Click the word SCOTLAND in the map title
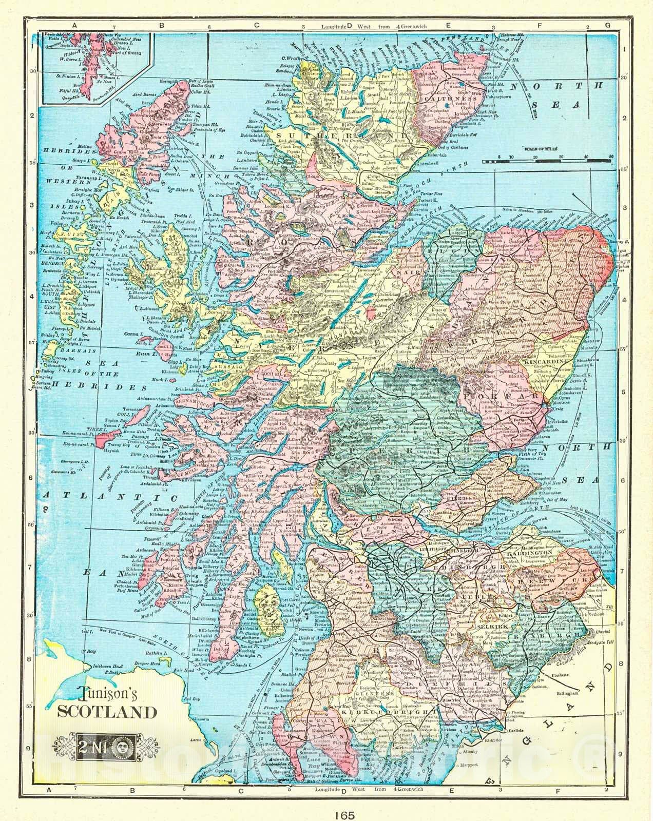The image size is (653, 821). [x=106, y=712]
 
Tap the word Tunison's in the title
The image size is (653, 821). [x=106, y=694]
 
